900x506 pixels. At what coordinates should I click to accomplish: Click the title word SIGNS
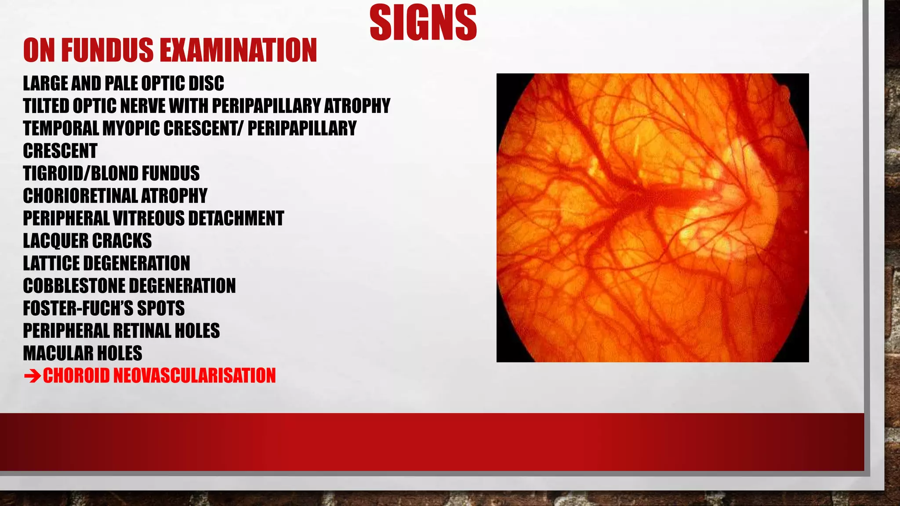tap(423, 23)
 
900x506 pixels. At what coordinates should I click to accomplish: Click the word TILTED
tap(46, 106)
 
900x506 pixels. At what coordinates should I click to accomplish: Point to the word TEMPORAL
tap(61, 128)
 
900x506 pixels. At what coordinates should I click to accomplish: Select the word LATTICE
tap(51, 263)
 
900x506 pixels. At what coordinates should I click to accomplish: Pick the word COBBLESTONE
tap(72, 286)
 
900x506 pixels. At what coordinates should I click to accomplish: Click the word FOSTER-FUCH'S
tap(77, 308)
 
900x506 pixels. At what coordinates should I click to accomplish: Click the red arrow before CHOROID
tap(32, 376)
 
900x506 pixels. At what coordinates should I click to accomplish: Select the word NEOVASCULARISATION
tap(195, 376)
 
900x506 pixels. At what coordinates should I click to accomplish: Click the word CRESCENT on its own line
tap(60, 151)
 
